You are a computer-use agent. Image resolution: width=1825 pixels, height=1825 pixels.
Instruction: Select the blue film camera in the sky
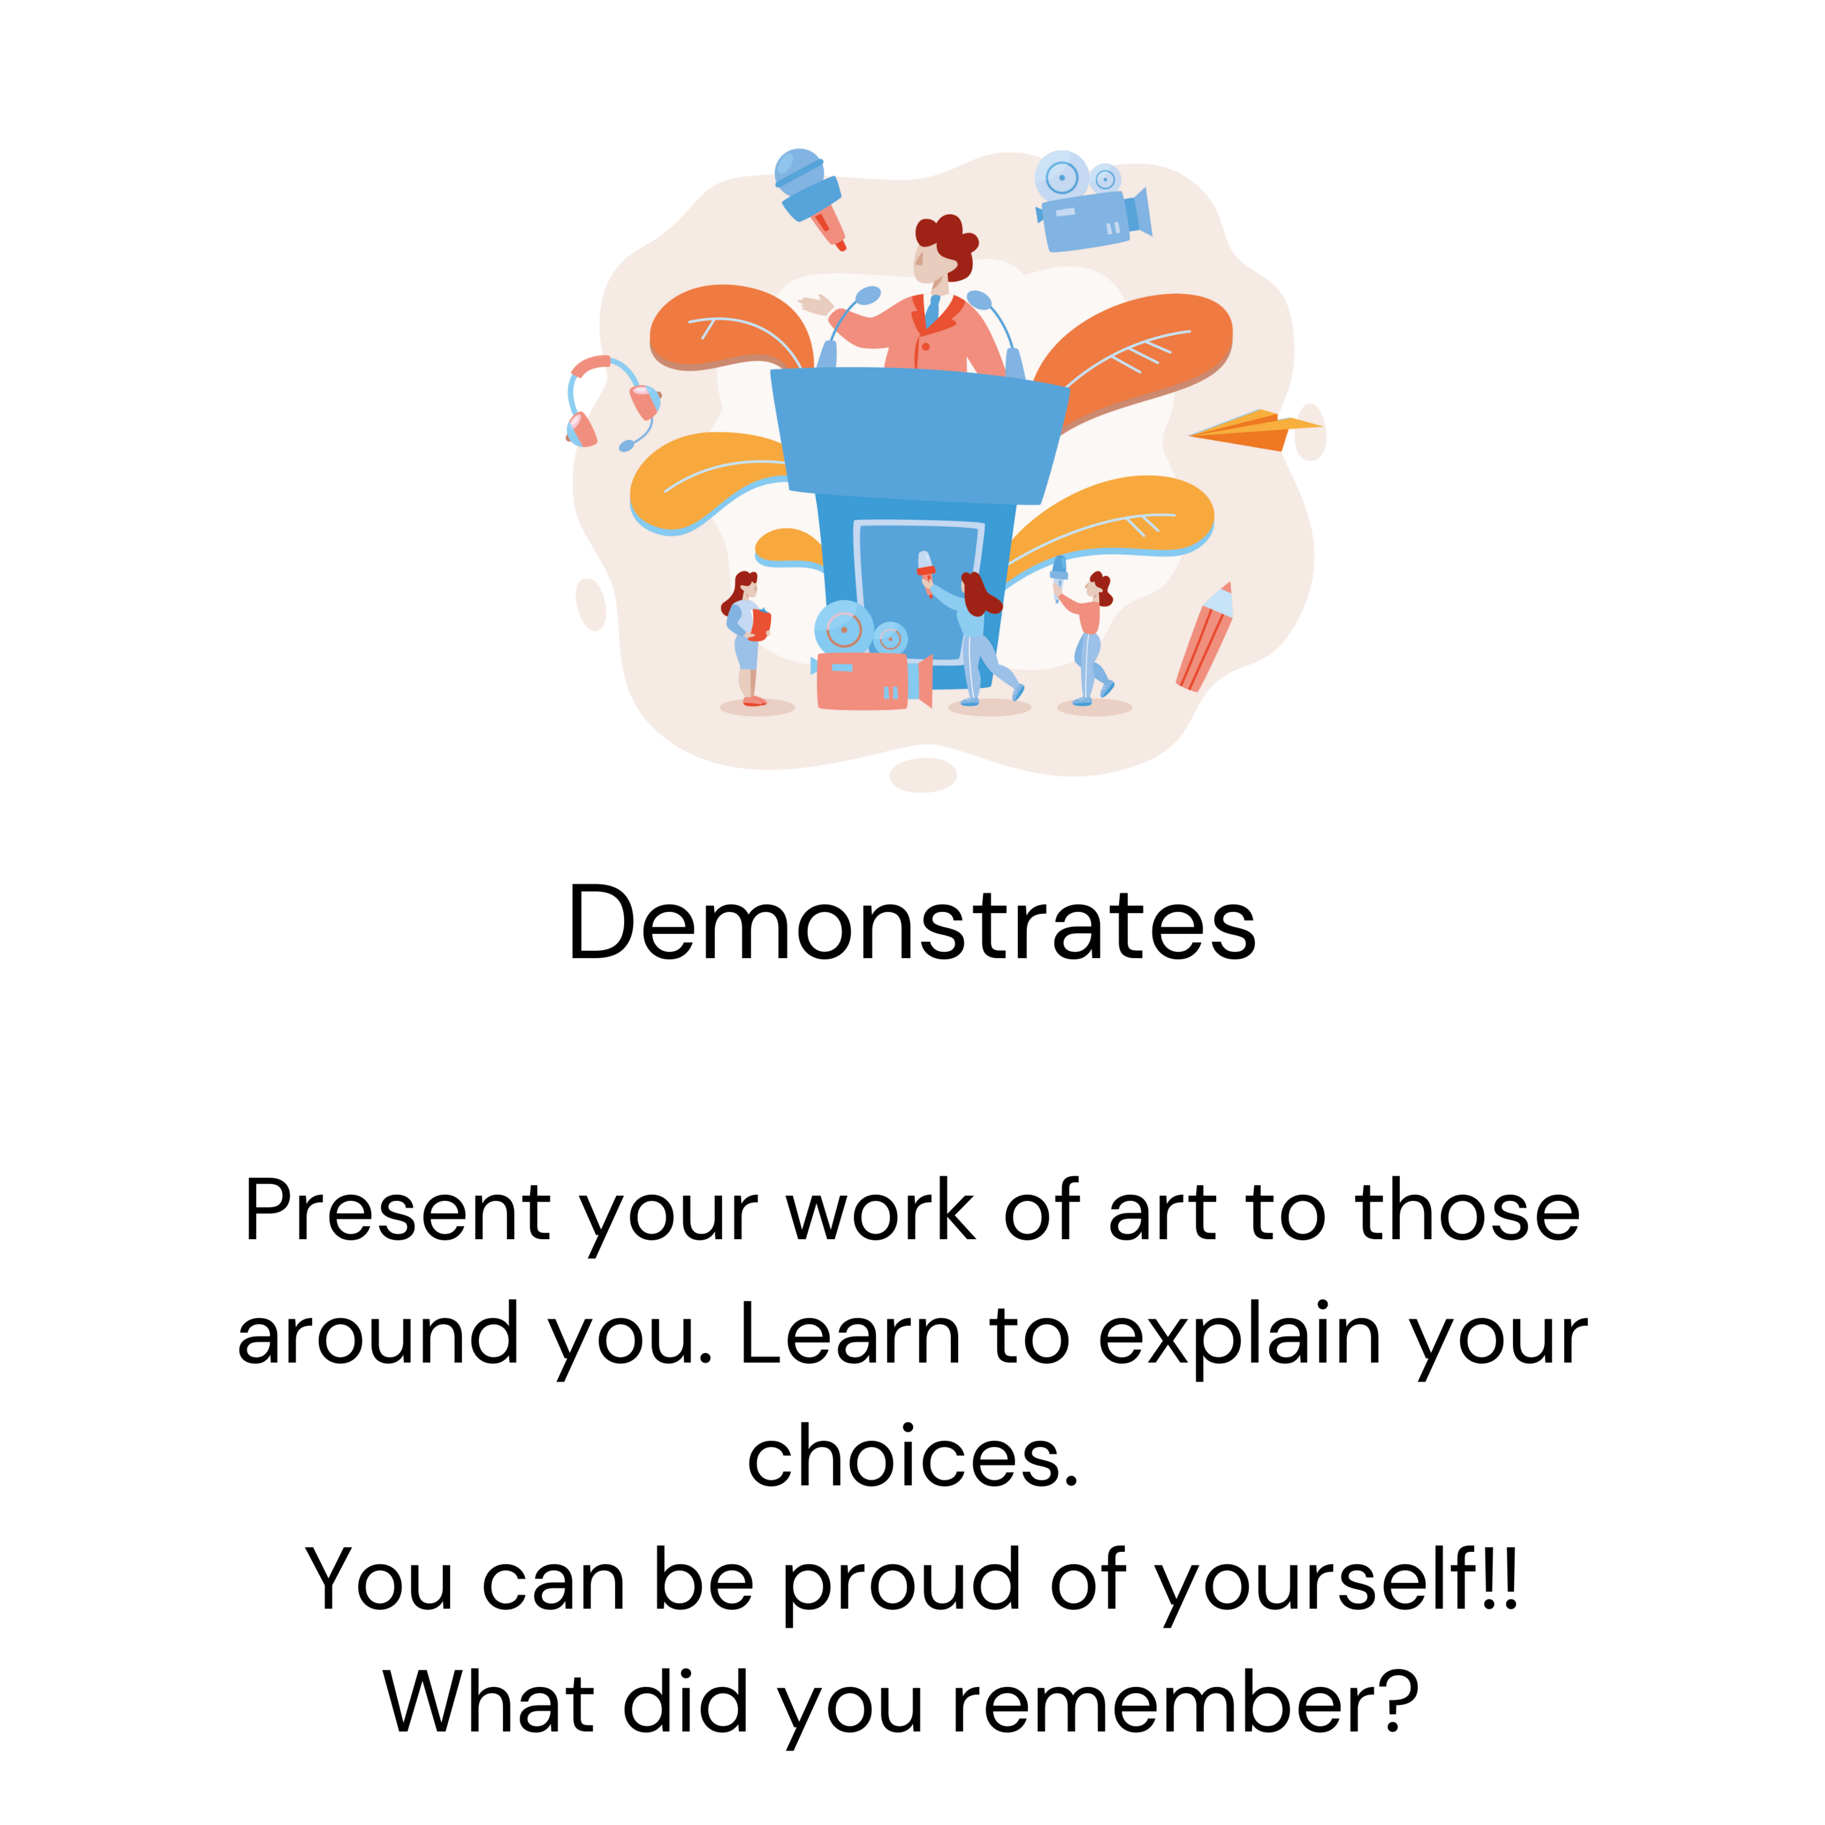pos(1093,201)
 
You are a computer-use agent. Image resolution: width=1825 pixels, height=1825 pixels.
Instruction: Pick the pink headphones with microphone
pos(612,402)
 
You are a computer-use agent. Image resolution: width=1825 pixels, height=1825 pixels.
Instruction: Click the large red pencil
pos(1205,637)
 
